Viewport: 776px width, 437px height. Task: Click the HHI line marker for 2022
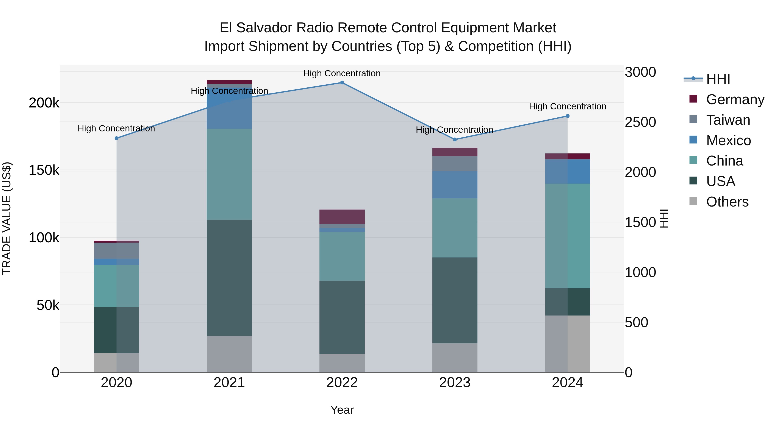(342, 83)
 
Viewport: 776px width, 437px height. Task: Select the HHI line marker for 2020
(117, 138)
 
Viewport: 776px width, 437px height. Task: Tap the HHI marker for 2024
(568, 116)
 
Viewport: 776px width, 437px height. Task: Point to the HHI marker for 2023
(455, 140)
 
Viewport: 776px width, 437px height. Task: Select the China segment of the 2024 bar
(568, 236)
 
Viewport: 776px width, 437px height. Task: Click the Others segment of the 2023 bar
(455, 358)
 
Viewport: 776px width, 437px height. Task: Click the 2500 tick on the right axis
(640, 122)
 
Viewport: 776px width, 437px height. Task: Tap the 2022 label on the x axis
(342, 383)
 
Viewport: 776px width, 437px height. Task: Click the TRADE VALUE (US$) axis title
(7, 218)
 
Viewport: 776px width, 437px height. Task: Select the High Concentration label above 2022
(342, 73)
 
